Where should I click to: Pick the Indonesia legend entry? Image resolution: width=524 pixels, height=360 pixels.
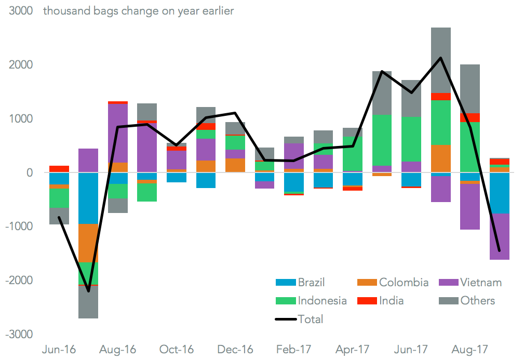pos(311,301)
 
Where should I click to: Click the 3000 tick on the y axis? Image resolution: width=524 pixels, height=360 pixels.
pos(20,11)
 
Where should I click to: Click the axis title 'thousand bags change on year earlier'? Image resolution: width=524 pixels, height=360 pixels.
pos(138,11)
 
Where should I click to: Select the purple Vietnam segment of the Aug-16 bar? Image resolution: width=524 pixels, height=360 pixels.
pos(118,133)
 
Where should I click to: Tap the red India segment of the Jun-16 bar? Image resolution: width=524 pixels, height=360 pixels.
pos(59,169)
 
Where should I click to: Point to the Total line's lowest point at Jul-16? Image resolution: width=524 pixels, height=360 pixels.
pos(88,291)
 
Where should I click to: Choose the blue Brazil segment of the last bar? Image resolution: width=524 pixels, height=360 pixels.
pos(499,193)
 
